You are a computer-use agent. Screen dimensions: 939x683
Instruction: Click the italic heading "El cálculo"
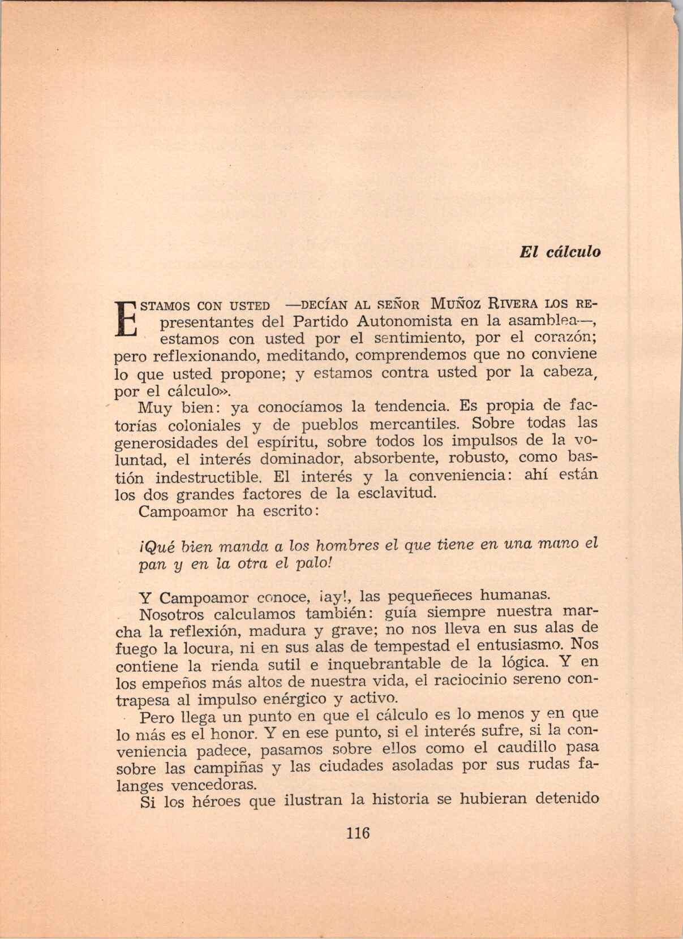click(560, 252)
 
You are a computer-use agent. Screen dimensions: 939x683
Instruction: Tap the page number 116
click(358, 833)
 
